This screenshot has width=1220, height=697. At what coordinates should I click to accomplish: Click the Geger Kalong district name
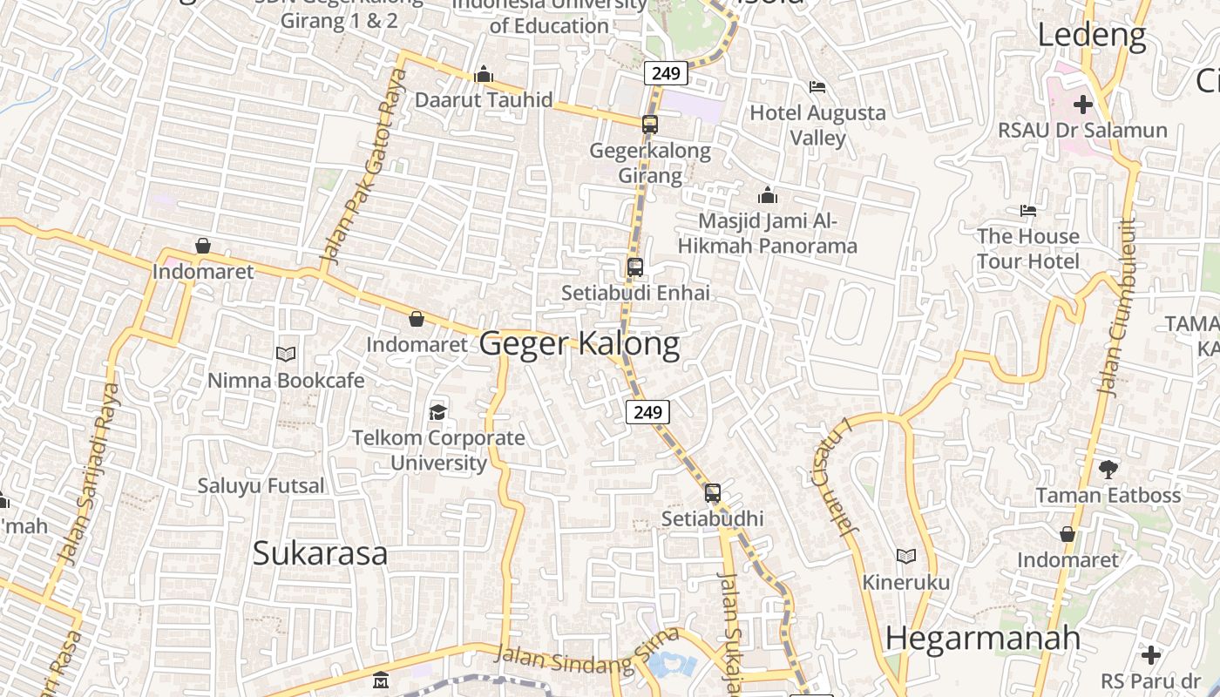579,344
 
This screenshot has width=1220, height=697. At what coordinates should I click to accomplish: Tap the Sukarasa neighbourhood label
320,553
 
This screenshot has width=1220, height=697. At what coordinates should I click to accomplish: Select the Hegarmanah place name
983,639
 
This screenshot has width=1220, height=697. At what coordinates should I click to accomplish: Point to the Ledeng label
1092,35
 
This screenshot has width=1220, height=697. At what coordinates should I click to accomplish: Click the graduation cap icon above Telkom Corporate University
437,411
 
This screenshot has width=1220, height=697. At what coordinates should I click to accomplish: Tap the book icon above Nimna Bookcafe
286,354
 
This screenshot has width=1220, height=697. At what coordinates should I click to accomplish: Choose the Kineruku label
906,581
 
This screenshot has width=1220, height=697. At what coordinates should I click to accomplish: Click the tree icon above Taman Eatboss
1108,470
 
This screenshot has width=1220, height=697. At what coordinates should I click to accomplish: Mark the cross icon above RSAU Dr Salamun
1082,105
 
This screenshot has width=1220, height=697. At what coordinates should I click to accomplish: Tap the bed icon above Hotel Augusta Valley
817,86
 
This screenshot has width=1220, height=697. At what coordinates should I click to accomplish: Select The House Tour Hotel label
1028,248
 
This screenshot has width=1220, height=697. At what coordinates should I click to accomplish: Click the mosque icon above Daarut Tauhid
484,75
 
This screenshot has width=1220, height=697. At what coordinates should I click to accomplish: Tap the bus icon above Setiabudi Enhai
635,267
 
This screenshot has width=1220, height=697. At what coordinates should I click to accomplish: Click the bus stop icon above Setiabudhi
713,493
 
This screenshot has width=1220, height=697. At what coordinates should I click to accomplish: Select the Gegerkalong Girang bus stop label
650,163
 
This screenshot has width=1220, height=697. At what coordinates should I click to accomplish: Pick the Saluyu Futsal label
261,485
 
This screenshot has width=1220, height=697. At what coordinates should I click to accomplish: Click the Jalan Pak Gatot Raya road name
364,167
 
